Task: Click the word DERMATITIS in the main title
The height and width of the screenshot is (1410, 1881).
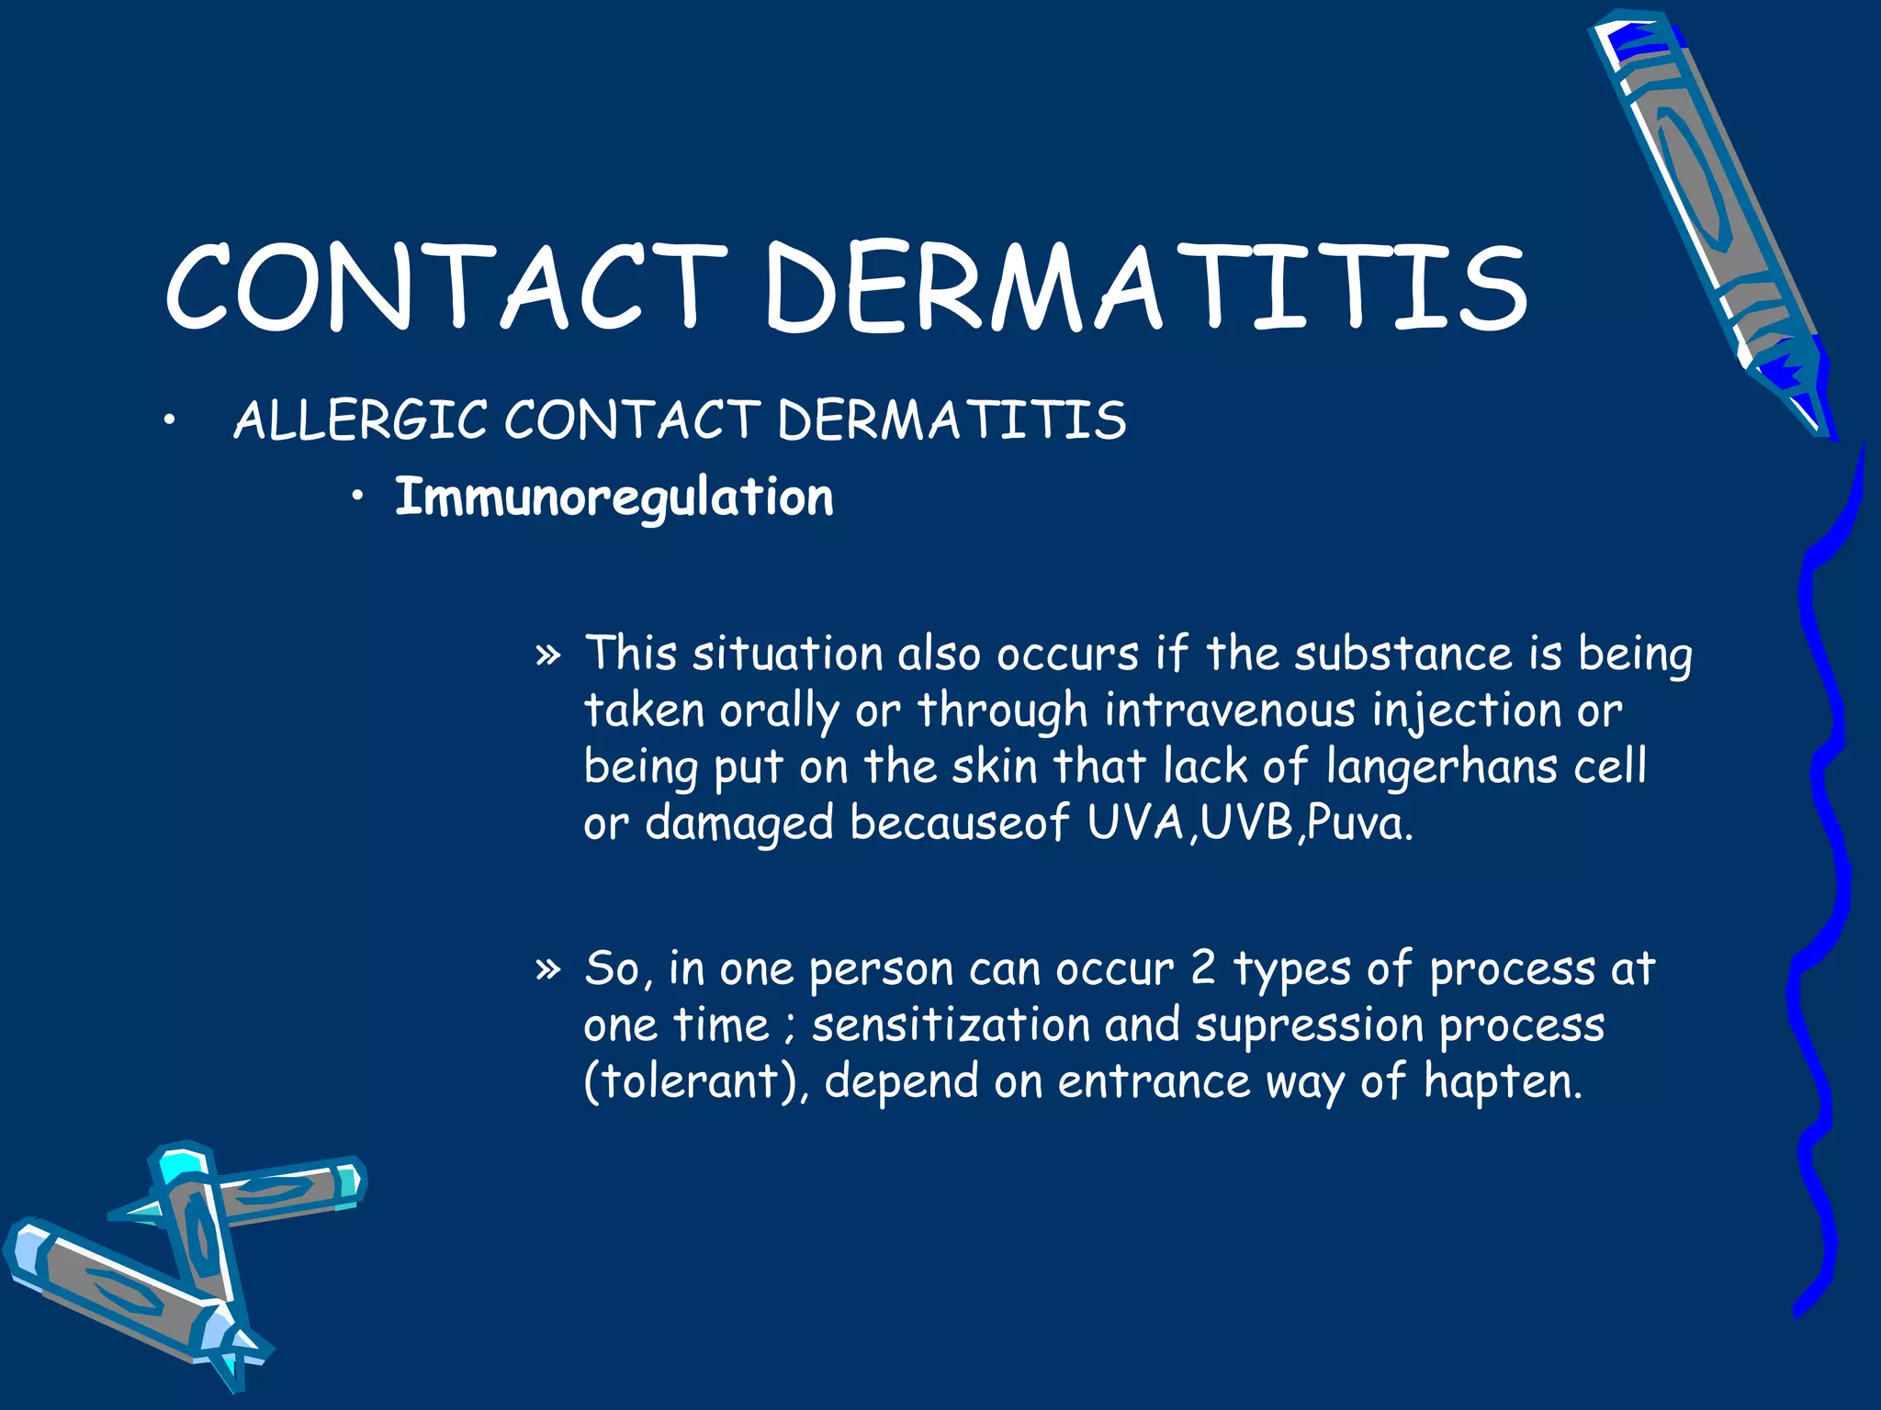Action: tap(1145, 286)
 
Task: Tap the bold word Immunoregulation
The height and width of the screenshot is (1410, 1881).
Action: tap(614, 498)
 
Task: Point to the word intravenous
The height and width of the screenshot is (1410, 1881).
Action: tap(1229, 711)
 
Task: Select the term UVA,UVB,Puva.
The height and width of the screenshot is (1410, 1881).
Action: tap(1250, 823)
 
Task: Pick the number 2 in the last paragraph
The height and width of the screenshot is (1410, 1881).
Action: tap(1203, 968)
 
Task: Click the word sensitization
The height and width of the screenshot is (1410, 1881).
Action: tap(951, 1025)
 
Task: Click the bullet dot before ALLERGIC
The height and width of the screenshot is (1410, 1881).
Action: tap(167, 422)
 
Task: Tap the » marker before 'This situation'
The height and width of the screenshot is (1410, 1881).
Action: tap(547, 655)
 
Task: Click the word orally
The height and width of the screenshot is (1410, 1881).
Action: tap(779, 711)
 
